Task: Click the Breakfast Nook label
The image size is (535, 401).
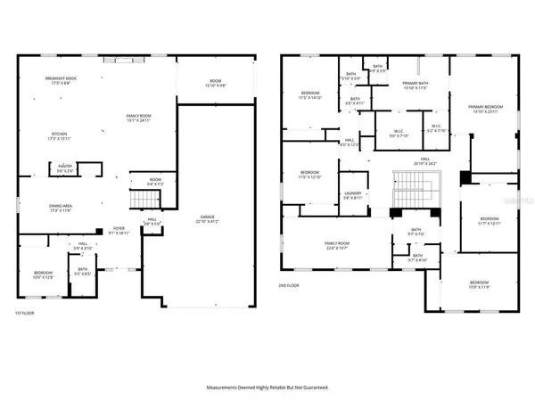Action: click(x=58, y=81)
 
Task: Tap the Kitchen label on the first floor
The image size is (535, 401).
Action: click(x=58, y=136)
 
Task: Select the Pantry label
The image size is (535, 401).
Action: click(x=65, y=168)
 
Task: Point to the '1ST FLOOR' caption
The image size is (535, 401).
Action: click(x=24, y=314)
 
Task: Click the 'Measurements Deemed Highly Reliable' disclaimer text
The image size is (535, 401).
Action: click(x=267, y=388)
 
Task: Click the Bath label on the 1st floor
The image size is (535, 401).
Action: click(x=82, y=271)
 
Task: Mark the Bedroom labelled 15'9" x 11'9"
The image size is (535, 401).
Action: click(x=479, y=285)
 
